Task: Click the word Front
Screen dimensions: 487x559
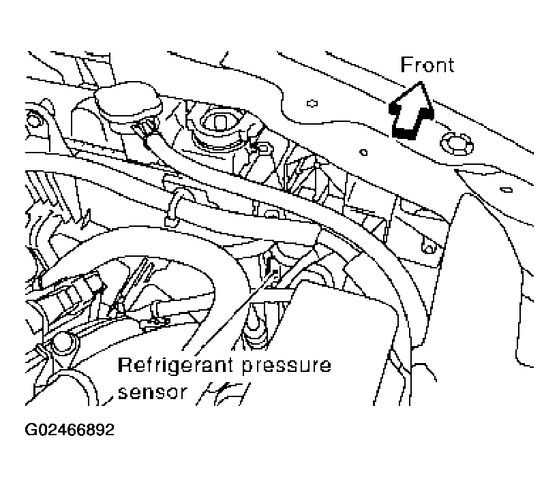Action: (x=427, y=65)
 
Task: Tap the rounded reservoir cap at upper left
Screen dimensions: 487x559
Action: (x=127, y=102)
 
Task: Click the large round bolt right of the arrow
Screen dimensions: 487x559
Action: (x=454, y=144)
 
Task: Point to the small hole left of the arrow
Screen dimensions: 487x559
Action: (x=312, y=104)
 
